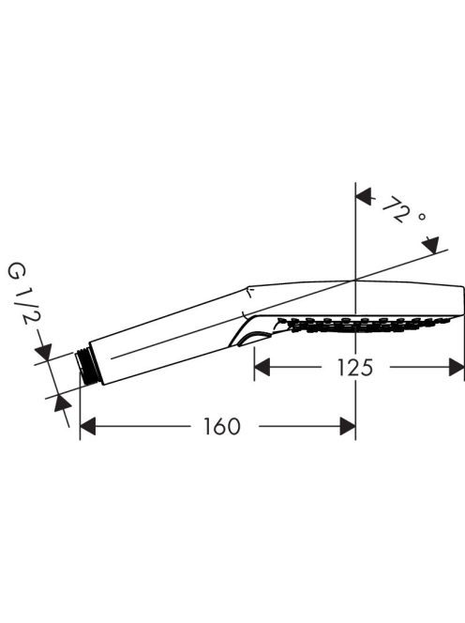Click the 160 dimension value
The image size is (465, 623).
pos(222,426)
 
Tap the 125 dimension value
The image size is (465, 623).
pos(355,367)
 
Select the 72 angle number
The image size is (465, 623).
pos(396,209)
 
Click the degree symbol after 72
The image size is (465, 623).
pos(422,218)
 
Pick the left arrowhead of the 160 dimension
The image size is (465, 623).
pos(88,426)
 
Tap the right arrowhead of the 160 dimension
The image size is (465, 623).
pos(348,426)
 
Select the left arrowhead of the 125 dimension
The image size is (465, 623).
pos(262,367)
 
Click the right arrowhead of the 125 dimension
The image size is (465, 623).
pos(457,367)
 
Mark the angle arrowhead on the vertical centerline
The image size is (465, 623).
pos(364,197)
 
